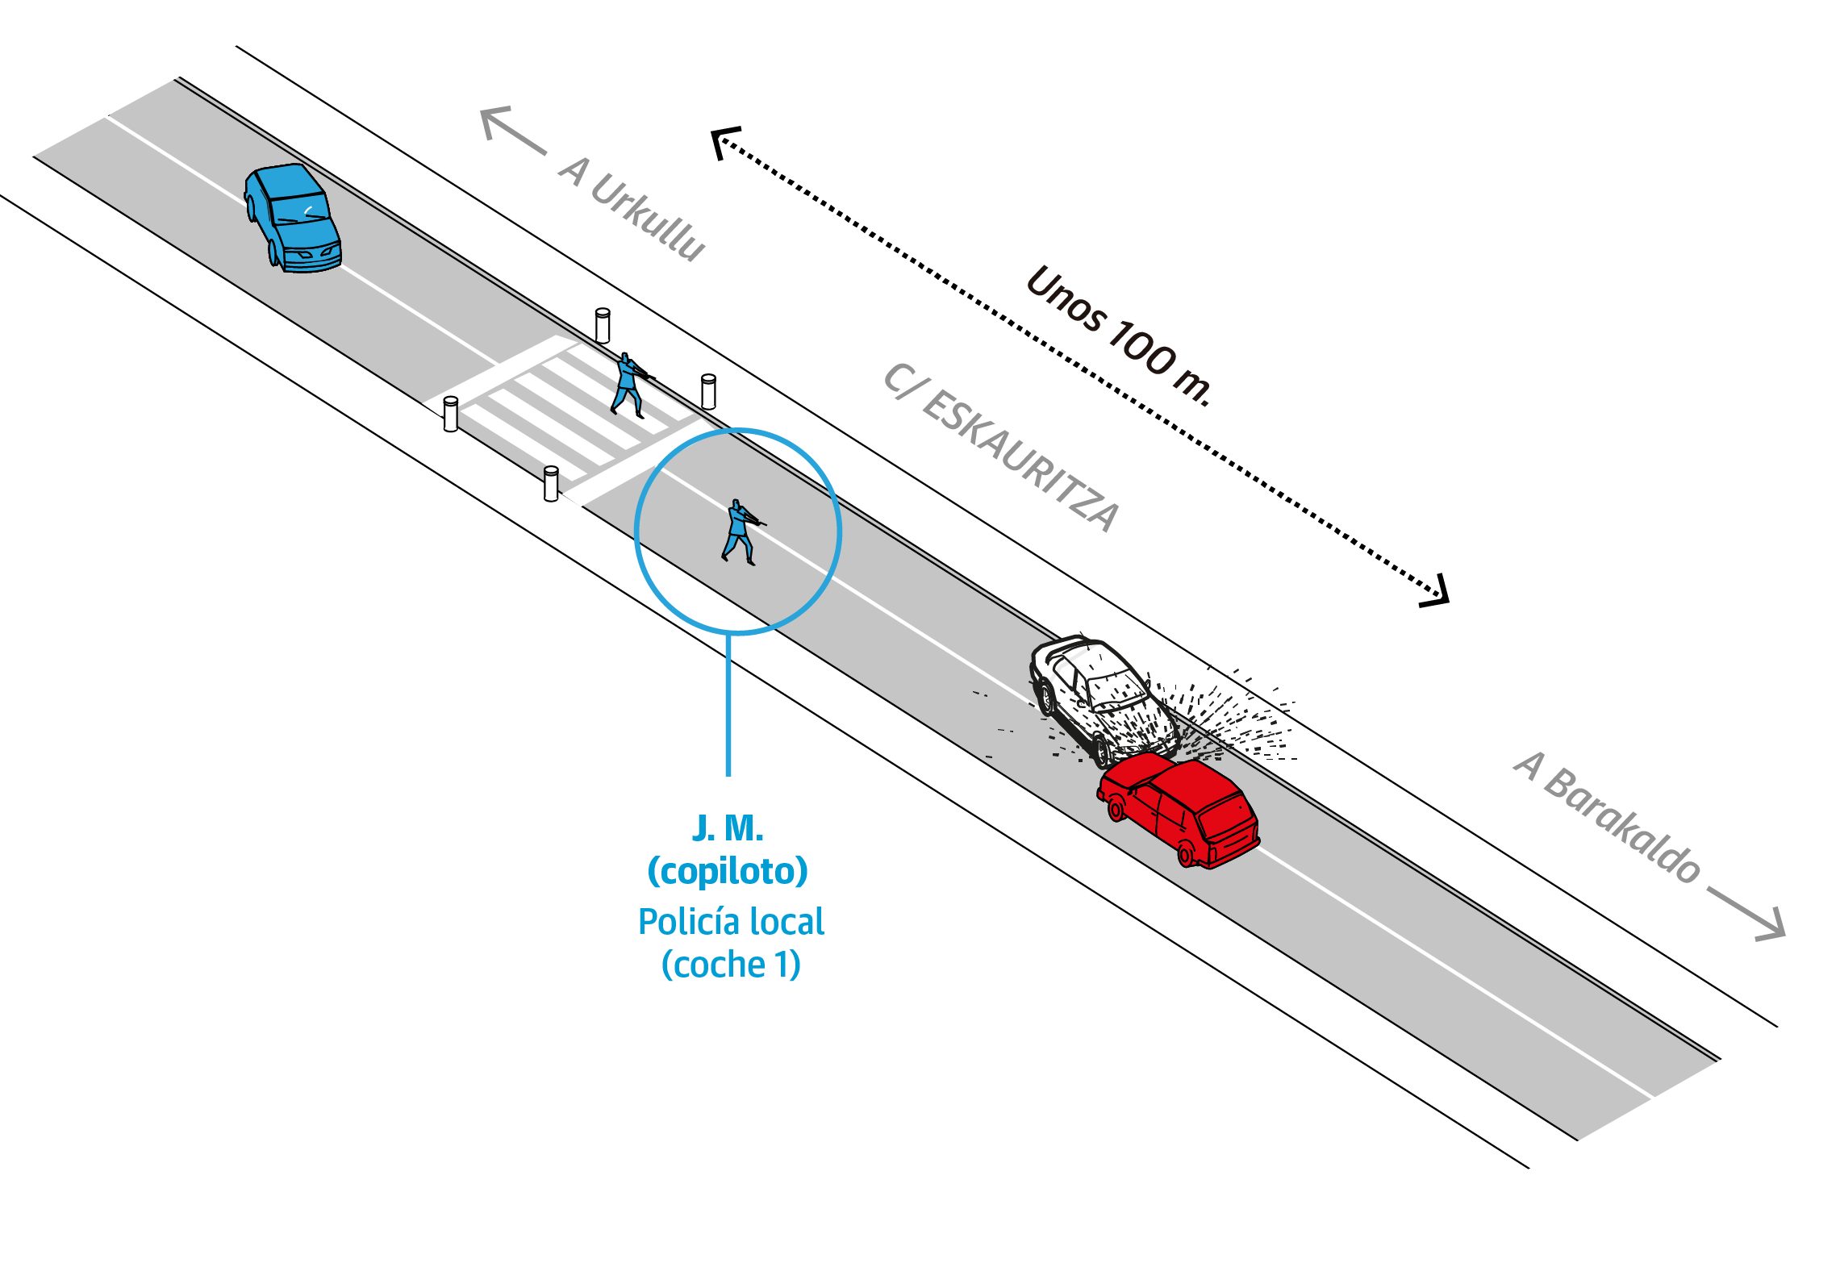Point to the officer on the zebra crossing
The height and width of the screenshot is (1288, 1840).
628,385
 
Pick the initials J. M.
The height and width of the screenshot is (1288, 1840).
728,828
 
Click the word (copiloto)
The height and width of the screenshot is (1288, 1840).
728,871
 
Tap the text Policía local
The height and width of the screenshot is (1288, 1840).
731,922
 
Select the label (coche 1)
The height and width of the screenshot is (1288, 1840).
731,965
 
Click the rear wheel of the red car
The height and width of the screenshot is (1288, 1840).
1187,853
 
